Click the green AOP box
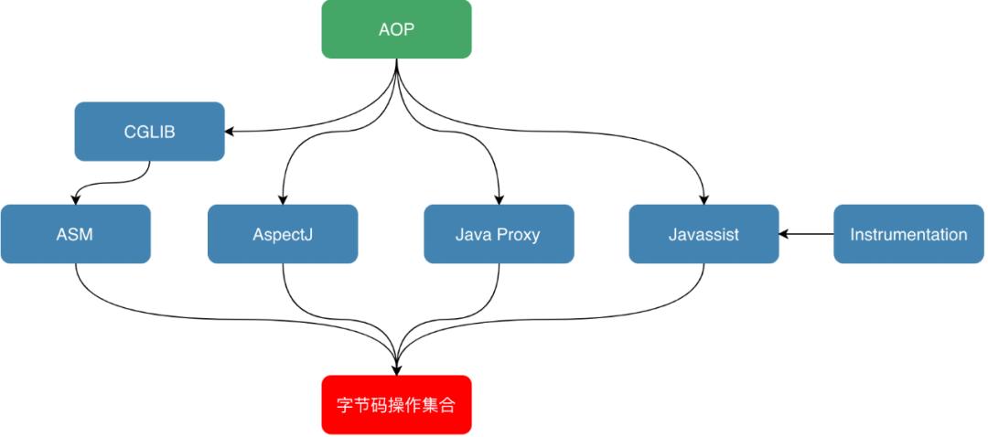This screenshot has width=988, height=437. [x=396, y=29]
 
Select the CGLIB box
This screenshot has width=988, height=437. [x=149, y=132]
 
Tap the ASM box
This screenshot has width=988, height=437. [x=75, y=234]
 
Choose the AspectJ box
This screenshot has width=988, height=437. [x=283, y=234]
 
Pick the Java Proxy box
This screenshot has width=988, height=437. [x=499, y=234]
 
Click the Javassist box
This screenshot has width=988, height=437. [x=703, y=234]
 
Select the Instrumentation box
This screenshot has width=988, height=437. [x=907, y=234]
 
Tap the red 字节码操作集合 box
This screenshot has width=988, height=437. [x=396, y=405]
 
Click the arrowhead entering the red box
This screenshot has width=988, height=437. [x=396, y=369]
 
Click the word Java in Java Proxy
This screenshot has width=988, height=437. [x=474, y=234]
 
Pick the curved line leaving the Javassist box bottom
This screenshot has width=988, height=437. [x=691, y=293]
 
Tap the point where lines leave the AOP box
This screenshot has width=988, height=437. [x=396, y=62]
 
